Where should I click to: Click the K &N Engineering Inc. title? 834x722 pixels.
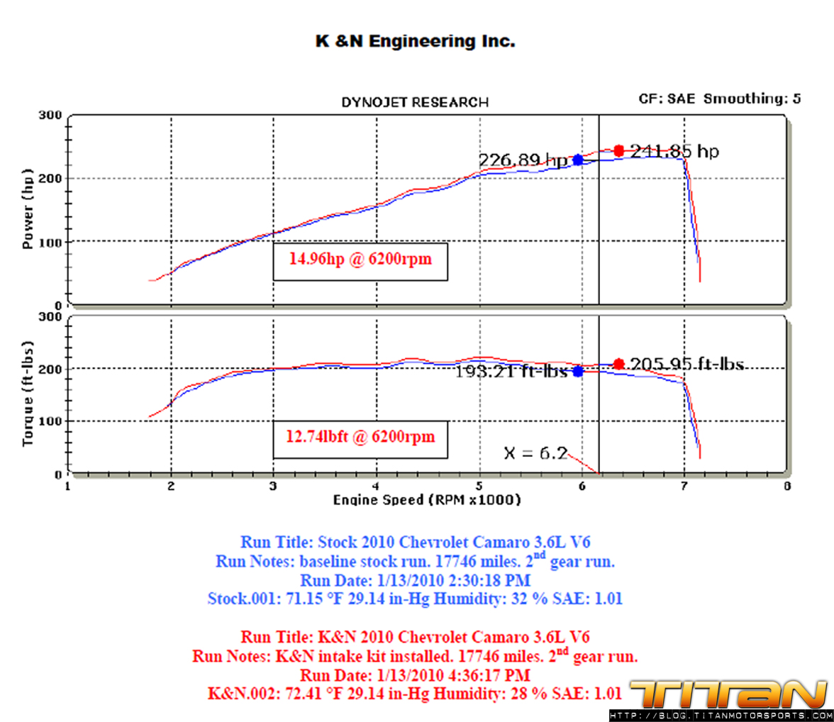[x=415, y=42]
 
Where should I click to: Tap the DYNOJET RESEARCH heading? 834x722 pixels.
[x=415, y=103]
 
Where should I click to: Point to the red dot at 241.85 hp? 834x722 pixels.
[x=618, y=150]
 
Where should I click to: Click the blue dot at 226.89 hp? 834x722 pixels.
[x=578, y=160]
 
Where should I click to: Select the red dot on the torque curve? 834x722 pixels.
[x=618, y=364]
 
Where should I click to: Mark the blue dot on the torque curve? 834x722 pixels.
[x=578, y=371]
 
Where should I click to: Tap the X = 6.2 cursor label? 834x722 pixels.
[x=535, y=452]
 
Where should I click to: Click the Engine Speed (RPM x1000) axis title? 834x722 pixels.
[x=427, y=500]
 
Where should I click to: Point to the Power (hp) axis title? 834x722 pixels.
[x=29, y=209]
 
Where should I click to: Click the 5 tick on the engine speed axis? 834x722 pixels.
[x=480, y=487]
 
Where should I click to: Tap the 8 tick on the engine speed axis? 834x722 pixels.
[x=787, y=487]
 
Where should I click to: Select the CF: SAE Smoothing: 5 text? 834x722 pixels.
[x=720, y=99]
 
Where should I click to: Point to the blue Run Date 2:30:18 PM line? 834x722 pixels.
[x=415, y=580]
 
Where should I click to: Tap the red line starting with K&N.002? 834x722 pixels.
[x=415, y=692]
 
